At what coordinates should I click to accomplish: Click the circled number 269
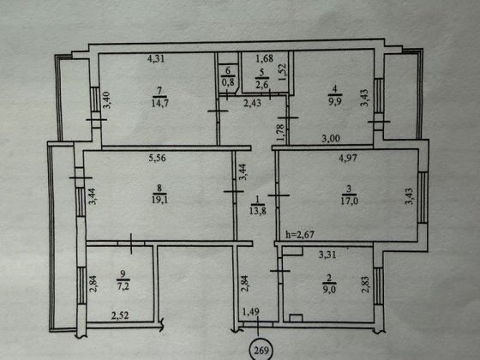click(x=261, y=351)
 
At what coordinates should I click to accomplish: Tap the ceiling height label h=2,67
click(x=300, y=235)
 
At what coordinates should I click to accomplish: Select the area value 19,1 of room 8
click(x=159, y=200)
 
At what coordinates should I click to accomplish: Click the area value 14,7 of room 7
click(x=159, y=103)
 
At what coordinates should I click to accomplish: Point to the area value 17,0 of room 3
click(x=350, y=201)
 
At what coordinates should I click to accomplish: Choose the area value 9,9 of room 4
click(x=334, y=102)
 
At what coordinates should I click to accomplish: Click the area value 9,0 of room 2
click(x=329, y=290)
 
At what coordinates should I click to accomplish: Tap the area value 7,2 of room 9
click(x=123, y=286)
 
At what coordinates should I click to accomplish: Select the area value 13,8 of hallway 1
click(x=257, y=211)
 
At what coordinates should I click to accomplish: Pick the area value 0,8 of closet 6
click(x=227, y=82)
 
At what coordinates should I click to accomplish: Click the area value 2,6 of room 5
click(x=262, y=85)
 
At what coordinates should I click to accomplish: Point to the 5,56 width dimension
click(x=158, y=158)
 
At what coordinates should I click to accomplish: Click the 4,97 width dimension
click(x=348, y=158)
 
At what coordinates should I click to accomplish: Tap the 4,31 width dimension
click(x=156, y=58)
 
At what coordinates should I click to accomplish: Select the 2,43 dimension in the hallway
click(x=253, y=103)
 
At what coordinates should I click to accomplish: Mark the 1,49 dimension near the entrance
click(x=250, y=312)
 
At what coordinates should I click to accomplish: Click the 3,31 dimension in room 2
click(x=327, y=255)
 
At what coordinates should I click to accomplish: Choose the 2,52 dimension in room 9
click(x=120, y=315)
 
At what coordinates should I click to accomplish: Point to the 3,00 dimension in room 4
click(x=331, y=139)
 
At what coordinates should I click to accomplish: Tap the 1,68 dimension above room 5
click(x=265, y=58)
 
